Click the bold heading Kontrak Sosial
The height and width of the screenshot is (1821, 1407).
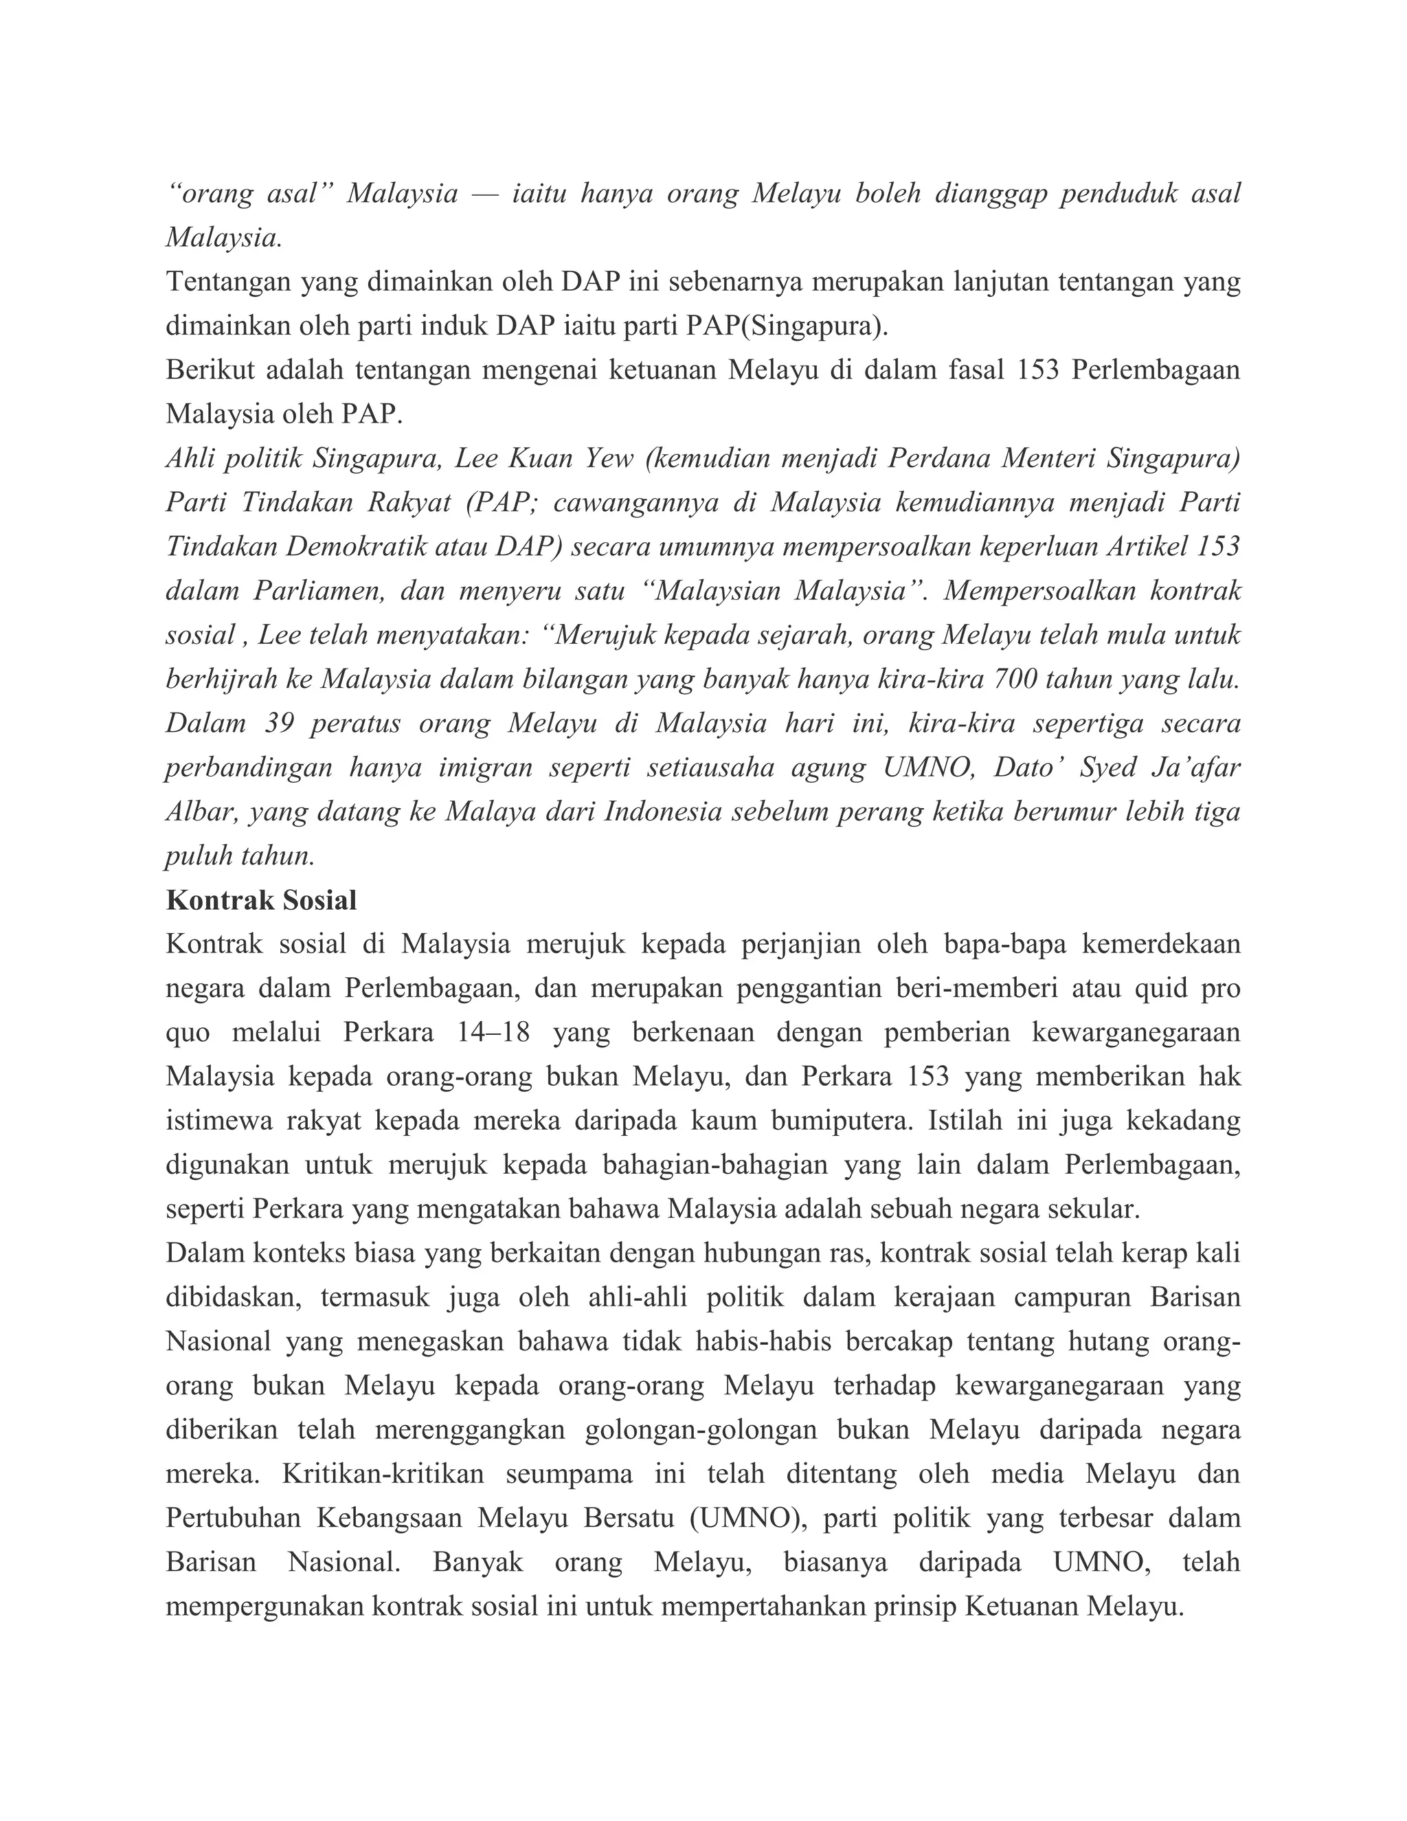coord(261,900)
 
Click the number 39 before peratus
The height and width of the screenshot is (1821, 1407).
coord(281,724)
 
